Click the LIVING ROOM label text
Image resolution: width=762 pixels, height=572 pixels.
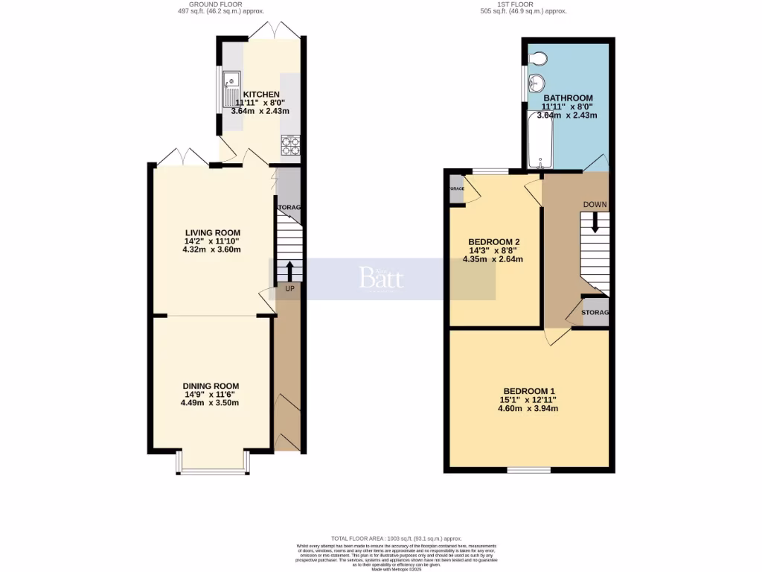tap(212, 233)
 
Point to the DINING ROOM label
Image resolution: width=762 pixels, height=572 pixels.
tap(211, 386)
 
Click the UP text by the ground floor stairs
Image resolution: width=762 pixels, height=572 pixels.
tap(289, 288)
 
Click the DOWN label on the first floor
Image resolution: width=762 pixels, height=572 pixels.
tap(595, 205)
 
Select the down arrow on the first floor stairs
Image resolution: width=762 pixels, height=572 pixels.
tap(595, 223)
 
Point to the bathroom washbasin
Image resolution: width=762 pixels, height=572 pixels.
tap(537, 83)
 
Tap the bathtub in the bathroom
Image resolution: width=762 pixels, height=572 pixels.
tap(537, 140)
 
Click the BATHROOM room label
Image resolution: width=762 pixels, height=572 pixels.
tap(568, 98)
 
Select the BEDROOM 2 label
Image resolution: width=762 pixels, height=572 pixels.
tap(493, 242)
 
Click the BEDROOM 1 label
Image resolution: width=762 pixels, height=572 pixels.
tap(529, 391)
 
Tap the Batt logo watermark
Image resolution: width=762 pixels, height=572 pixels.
tap(381, 279)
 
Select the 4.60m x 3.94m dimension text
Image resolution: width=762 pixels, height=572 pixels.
tap(529, 408)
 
